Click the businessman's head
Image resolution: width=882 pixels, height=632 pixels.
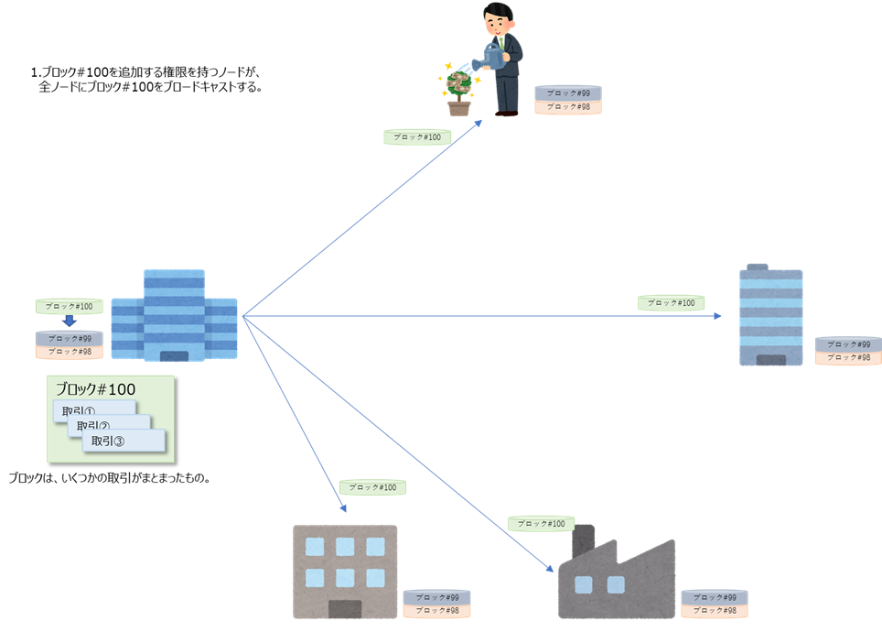(x=499, y=16)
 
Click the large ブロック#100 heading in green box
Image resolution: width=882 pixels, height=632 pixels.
(x=95, y=388)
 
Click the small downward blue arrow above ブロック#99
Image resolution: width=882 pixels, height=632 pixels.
(x=69, y=321)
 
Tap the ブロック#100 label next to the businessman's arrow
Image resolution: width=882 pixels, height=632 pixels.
(x=417, y=137)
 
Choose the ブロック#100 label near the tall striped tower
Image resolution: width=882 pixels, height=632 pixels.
(x=671, y=302)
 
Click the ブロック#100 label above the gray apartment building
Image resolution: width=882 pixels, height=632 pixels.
(x=372, y=487)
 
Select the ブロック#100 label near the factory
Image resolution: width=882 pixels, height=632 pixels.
(x=541, y=524)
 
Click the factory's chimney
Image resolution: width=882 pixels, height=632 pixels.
(x=583, y=538)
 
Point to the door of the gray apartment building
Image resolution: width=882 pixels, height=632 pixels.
(x=344, y=609)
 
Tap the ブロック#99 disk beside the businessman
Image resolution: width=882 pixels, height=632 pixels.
(x=568, y=93)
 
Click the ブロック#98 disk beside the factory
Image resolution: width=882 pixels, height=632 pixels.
(x=715, y=610)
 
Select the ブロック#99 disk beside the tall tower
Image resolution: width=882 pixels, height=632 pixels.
(x=848, y=344)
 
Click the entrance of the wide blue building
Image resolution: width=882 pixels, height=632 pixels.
(x=174, y=355)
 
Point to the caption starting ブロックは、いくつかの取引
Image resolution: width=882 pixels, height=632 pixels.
(x=110, y=477)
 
